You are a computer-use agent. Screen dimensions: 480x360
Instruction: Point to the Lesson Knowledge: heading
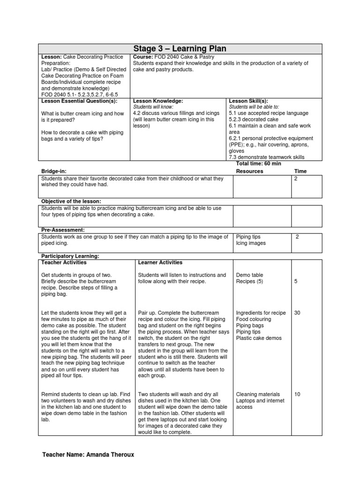pos(158,101)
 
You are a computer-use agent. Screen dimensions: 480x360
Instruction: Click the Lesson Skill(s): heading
pos(248,101)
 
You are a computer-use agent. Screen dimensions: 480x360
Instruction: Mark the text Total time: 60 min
pos(256,164)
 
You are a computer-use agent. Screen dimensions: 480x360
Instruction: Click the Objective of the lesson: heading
pos(71,201)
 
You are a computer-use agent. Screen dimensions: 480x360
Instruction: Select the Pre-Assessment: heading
pos(63,230)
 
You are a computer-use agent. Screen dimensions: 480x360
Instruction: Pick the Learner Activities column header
pos(160,262)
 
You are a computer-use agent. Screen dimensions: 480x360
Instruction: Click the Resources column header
pos(249,172)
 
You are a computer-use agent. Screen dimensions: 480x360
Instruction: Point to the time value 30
pos(297,313)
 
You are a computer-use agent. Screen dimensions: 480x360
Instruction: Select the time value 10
pos(297,394)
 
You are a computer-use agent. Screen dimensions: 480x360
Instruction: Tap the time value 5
pos(295,281)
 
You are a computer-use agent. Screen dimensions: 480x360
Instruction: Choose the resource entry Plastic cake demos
pos(258,337)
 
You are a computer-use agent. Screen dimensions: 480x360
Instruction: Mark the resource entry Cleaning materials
pos(258,394)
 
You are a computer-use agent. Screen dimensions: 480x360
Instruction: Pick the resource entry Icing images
pos(251,243)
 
